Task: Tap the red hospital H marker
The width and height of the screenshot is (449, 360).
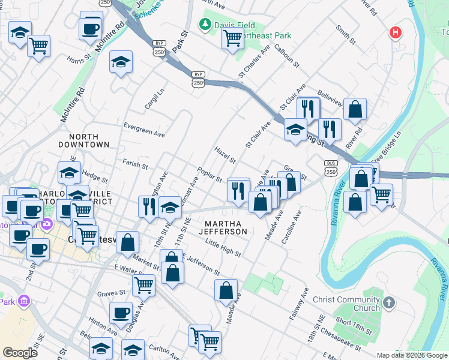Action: [395, 32]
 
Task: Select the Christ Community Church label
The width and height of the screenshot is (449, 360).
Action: [358, 304]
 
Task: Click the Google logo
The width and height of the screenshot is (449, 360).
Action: [20, 353]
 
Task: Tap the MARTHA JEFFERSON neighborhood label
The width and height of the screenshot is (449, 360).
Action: [223, 227]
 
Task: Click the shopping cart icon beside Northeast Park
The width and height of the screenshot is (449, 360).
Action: [232, 39]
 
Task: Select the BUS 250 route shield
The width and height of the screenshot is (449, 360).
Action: [330, 167]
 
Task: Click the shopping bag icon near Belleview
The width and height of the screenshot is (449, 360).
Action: [355, 110]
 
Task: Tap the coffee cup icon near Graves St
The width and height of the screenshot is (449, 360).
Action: [121, 313]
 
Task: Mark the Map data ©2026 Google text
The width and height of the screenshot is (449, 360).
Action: [411, 355]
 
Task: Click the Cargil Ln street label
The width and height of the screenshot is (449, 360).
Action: [154, 100]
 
